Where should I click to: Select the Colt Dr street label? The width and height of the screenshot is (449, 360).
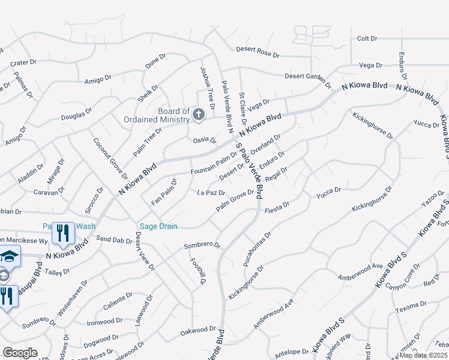coord(367,38)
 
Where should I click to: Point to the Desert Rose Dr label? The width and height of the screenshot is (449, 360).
coord(258,52)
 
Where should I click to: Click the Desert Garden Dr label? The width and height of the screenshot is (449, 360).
coord(308,77)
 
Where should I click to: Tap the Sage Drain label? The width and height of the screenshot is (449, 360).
coord(158,226)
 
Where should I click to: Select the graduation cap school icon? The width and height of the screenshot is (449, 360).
coord(8,256)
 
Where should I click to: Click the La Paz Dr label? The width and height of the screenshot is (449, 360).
coord(211,193)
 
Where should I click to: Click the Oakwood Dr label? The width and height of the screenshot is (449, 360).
coord(198,329)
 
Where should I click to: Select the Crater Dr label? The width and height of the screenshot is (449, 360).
coord(25,62)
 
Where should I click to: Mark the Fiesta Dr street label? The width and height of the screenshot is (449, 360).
coord(277,205)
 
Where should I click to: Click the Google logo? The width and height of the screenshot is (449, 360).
coord(20,353)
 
